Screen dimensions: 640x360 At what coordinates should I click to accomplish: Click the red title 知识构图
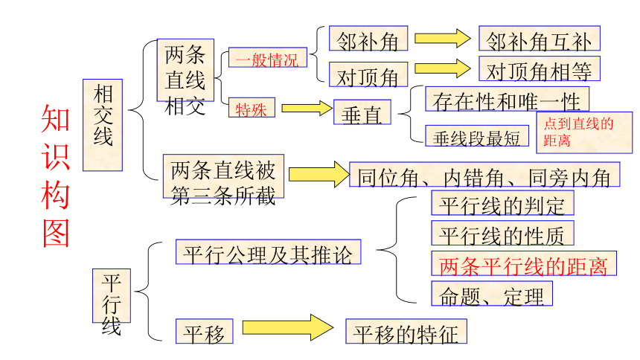click(56, 176)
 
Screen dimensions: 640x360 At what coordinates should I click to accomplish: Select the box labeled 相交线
click(103, 125)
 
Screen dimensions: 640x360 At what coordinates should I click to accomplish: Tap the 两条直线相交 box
click(185, 70)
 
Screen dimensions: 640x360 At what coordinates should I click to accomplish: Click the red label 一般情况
click(267, 57)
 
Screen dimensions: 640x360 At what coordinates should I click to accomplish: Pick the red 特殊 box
click(252, 108)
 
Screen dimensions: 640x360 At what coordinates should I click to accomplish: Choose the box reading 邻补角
click(368, 39)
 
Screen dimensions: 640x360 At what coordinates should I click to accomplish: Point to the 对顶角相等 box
click(540, 68)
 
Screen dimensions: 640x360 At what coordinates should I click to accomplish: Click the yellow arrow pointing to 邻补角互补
click(443, 39)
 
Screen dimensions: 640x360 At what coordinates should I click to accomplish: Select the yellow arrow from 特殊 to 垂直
click(307, 108)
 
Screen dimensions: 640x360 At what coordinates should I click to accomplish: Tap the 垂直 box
click(362, 112)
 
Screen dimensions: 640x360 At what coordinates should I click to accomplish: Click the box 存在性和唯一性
click(507, 99)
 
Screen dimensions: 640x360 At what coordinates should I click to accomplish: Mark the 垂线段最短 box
click(477, 136)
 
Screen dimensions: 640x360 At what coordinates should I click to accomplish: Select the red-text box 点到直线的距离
click(584, 132)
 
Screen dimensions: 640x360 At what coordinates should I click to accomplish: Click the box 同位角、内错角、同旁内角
click(484, 174)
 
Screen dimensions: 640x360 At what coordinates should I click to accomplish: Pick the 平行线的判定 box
click(502, 203)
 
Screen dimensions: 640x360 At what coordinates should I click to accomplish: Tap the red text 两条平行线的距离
click(524, 263)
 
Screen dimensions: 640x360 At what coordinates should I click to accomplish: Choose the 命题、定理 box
click(492, 294)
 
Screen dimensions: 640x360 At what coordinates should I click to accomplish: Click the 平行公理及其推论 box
click(268, 252)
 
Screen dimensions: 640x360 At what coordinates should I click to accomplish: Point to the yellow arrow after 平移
click(288, 327)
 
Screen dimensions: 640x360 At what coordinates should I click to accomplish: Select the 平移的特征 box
click(406, 331)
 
